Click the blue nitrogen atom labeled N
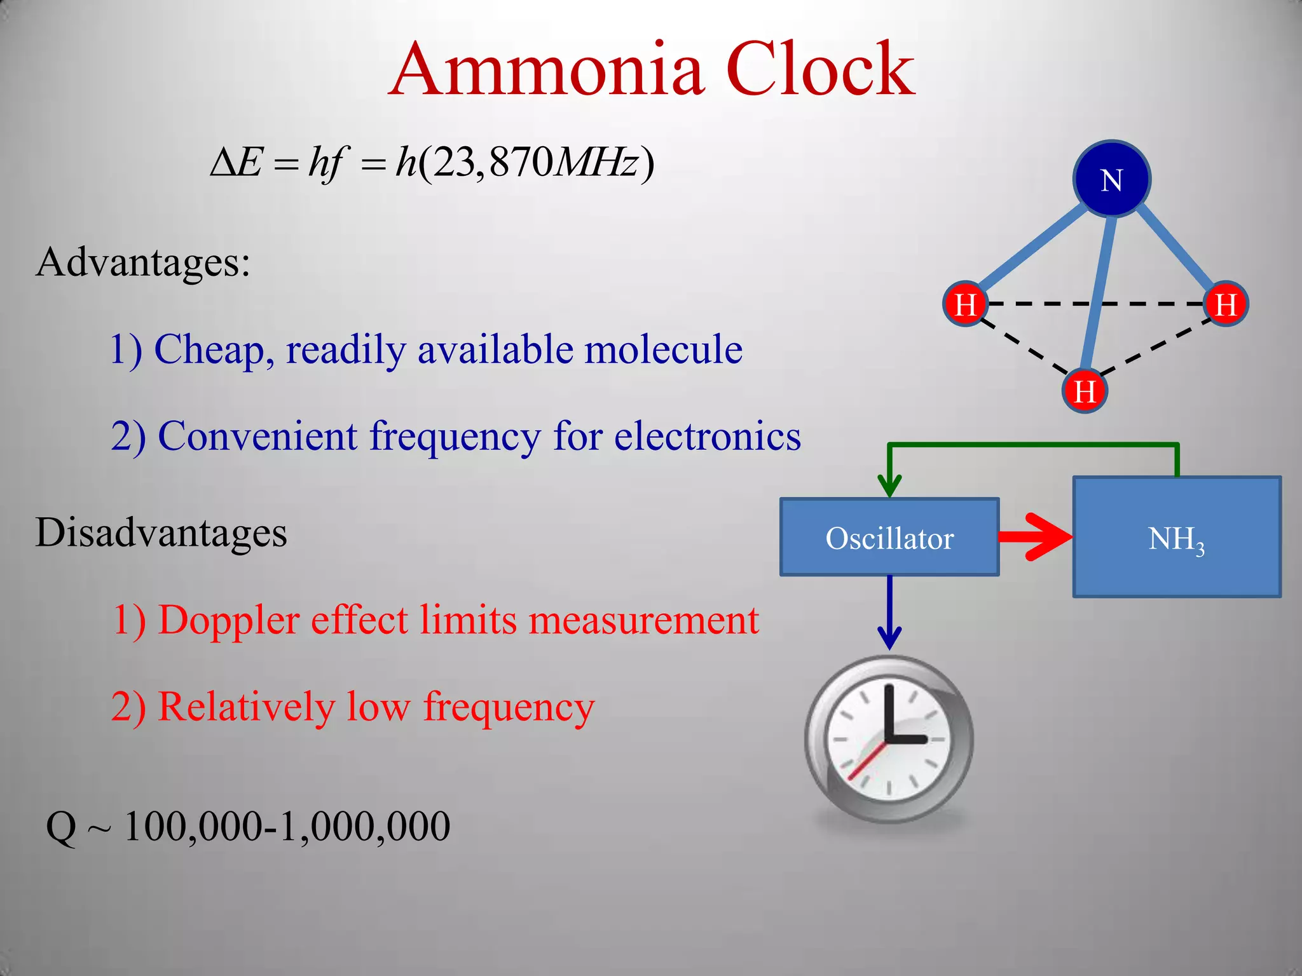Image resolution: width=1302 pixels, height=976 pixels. pyautogui.click(x=1111, y=179)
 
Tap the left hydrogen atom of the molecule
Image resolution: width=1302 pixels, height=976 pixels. pyautogui.click(x=965, y=303)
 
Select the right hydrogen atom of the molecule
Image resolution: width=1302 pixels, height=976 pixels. pyautogui.click(x=1226, y=303)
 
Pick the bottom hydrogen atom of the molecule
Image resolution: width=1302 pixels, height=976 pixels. pyautogui.click(x=1085, y=390)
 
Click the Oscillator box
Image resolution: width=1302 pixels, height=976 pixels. pyautogui.click(x=889, y=538)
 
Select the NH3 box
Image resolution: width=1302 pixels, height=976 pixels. pyautogui.click(x=1176, y=538)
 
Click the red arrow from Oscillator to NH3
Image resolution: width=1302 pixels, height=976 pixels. pyautogui.click(x=1036, y=537)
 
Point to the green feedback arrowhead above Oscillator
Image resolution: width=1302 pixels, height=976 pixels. pyautogui.click(x=889, y=486)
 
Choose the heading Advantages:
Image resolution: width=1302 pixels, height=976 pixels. pyautogui.click(x=143, y=262)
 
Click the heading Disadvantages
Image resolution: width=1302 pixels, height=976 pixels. pyautogui.click(x=161, y=532)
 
